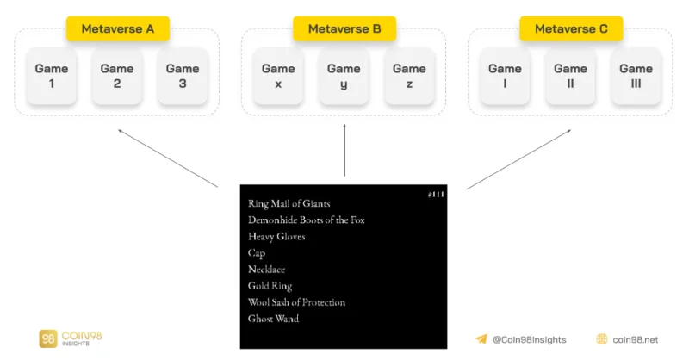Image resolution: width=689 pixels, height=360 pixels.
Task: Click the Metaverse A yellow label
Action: [118, 29]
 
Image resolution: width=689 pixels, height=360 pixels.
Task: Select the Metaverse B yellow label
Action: [344, 29]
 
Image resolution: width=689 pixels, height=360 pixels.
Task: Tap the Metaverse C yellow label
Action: [571, 29]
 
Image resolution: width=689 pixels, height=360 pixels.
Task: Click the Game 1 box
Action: [52, 76]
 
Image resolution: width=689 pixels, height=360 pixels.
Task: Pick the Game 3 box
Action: [183, 76]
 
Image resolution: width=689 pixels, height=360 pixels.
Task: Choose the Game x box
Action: [278, 76]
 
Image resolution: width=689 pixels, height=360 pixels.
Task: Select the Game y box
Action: [344, 76]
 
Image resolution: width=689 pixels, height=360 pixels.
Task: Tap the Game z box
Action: [409, 76]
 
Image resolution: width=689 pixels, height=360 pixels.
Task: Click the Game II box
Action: [570, 76]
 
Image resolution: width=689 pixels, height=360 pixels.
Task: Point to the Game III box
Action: [636, 76]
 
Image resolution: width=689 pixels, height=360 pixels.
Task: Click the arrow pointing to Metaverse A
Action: [168, 158]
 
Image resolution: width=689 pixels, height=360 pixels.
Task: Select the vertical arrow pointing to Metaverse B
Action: [344, 150]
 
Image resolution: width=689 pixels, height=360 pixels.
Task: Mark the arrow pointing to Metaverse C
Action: [518, 159]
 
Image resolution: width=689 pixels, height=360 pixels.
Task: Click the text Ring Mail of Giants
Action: [289, 203]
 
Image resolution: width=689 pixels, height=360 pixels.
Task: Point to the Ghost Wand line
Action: [273, 319]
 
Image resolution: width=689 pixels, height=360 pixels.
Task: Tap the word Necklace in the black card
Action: [266, 270]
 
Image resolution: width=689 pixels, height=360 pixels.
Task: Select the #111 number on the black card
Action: [436, 195]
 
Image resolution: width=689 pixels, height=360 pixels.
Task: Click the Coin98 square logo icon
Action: [48, 338]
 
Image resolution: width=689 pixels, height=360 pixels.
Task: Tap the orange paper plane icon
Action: [481, 339]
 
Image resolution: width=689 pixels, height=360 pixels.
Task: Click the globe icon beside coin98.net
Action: [602, 339]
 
